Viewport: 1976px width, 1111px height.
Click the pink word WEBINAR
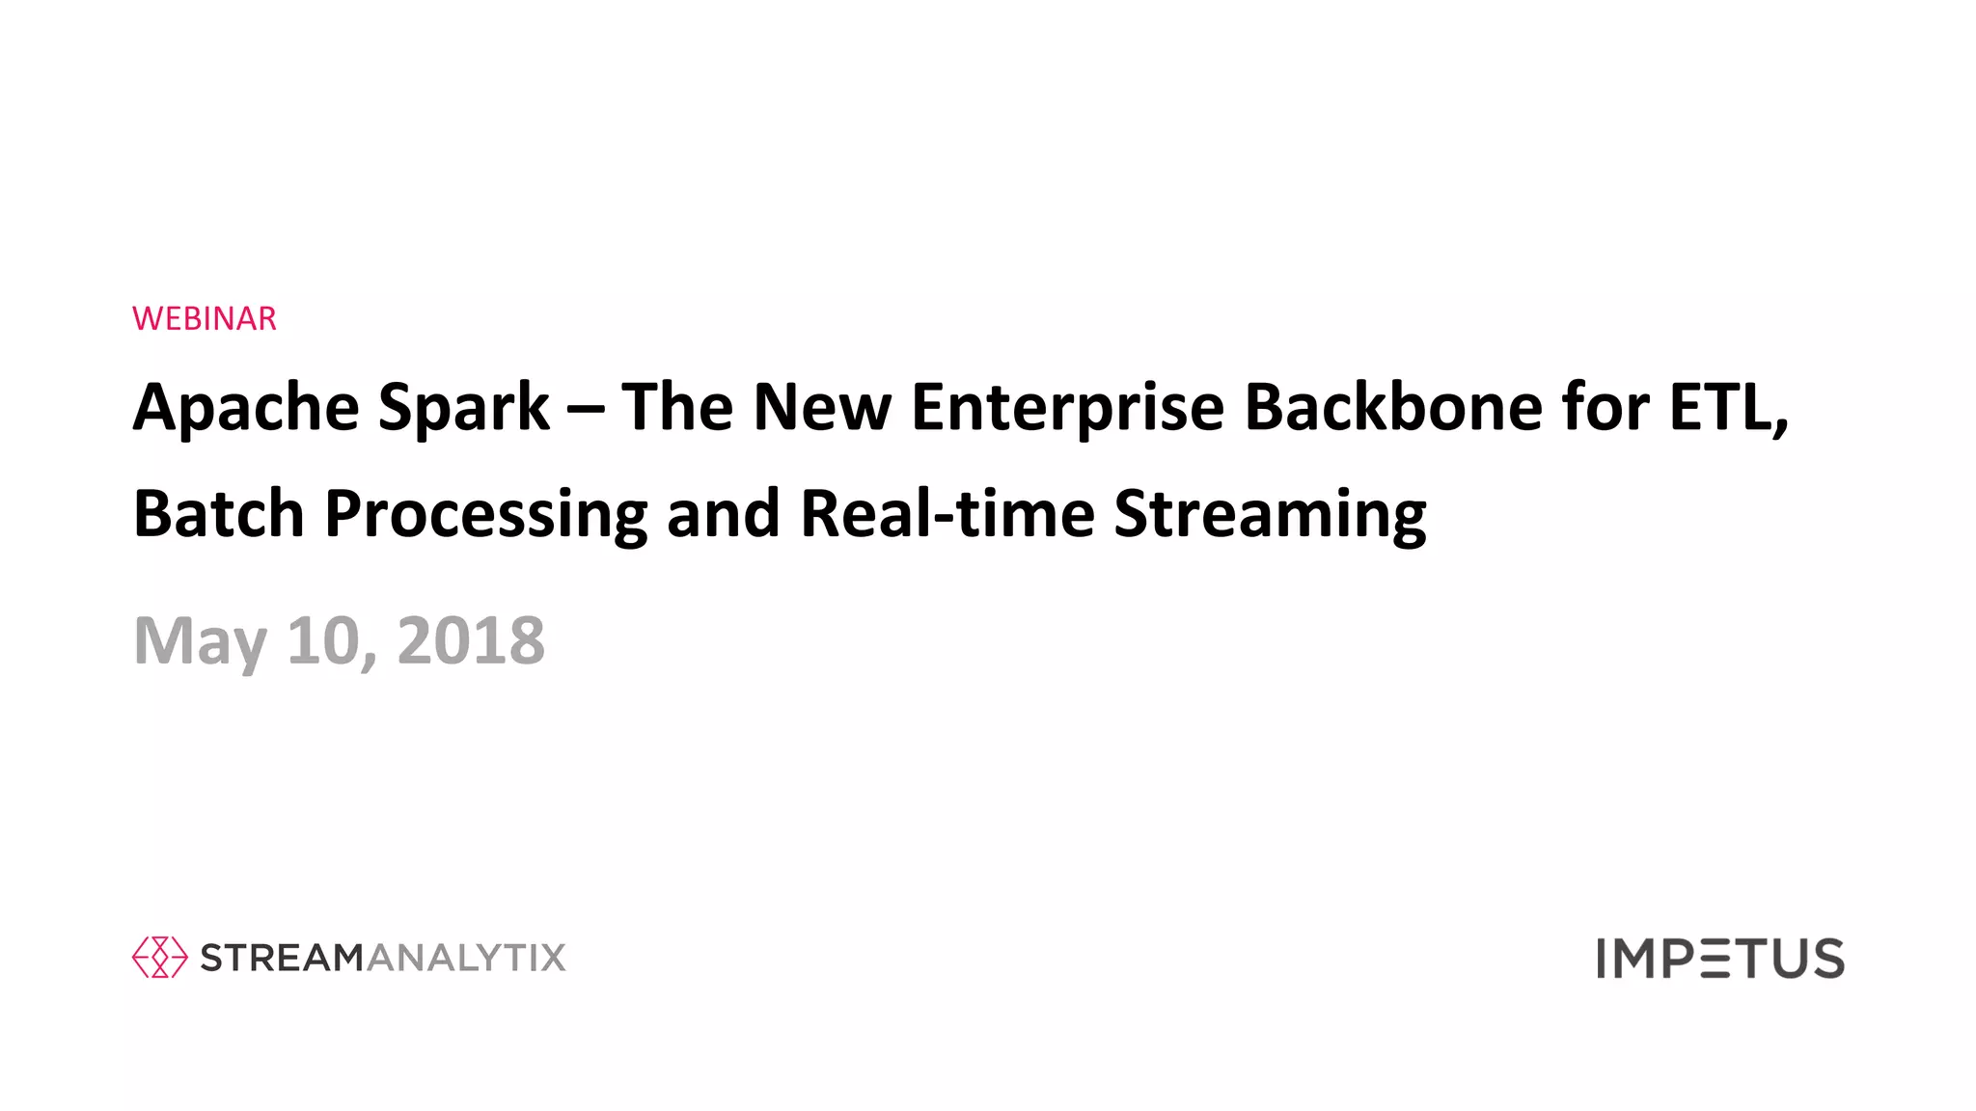[205, 318]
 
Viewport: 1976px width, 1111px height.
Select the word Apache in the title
[246, 408]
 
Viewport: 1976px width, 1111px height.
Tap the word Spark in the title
[463, 408]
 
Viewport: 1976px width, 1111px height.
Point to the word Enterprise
[1067, 408]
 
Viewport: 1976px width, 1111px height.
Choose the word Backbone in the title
[1393, 406]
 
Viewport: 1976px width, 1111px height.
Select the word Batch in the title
[219, 513]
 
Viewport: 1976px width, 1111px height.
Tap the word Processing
[485, 515]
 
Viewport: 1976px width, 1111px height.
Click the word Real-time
[947, 513]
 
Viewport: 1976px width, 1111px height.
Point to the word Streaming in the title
[1270, 515]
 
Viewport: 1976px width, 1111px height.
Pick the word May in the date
[200, 641]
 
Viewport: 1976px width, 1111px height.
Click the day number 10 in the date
[323, 640]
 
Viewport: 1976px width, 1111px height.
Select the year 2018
[471, 640]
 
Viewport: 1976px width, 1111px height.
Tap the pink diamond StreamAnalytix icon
[159, 957]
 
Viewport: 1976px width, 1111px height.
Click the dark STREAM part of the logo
[282, 958]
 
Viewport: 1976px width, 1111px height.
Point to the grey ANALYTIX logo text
[466, 958]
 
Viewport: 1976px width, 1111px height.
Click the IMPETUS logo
[1719, 959]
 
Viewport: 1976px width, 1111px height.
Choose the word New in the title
[822, 406]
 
